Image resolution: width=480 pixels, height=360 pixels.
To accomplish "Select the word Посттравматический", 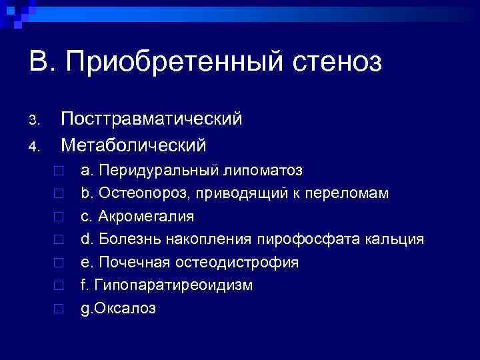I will tap(151, 119).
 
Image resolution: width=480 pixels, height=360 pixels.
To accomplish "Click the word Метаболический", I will tap(133, 144).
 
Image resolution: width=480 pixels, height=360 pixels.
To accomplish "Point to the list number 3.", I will tap(37, 121).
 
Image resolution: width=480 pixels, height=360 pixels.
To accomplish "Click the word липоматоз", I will tap(262, 171).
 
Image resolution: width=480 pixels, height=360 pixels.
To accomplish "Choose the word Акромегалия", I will tap(147, 217).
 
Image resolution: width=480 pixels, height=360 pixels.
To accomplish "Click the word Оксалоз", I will tap(127, 309).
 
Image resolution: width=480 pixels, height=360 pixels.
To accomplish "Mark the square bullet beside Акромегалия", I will tap(59, 217).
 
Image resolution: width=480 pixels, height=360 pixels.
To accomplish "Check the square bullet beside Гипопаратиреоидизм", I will tap(59, 286).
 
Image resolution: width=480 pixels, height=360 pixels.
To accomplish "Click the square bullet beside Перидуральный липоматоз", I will tap(59, 171).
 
